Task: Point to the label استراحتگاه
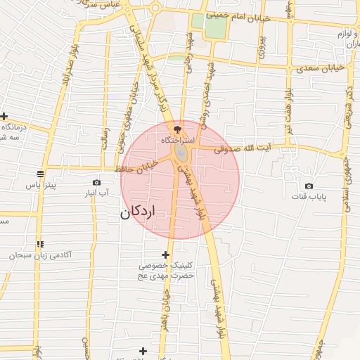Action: [x=178, y=141]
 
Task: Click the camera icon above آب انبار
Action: [x=96, y=182]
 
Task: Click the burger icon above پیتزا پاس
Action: [x=40, y=173]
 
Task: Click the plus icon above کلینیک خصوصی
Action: [x=165, y=255]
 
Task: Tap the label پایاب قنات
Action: [x=309, y=197]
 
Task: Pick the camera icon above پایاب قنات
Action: [x=309, y=186]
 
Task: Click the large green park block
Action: [x=217, y=25]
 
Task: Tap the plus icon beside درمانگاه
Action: [x=4, y=116]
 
